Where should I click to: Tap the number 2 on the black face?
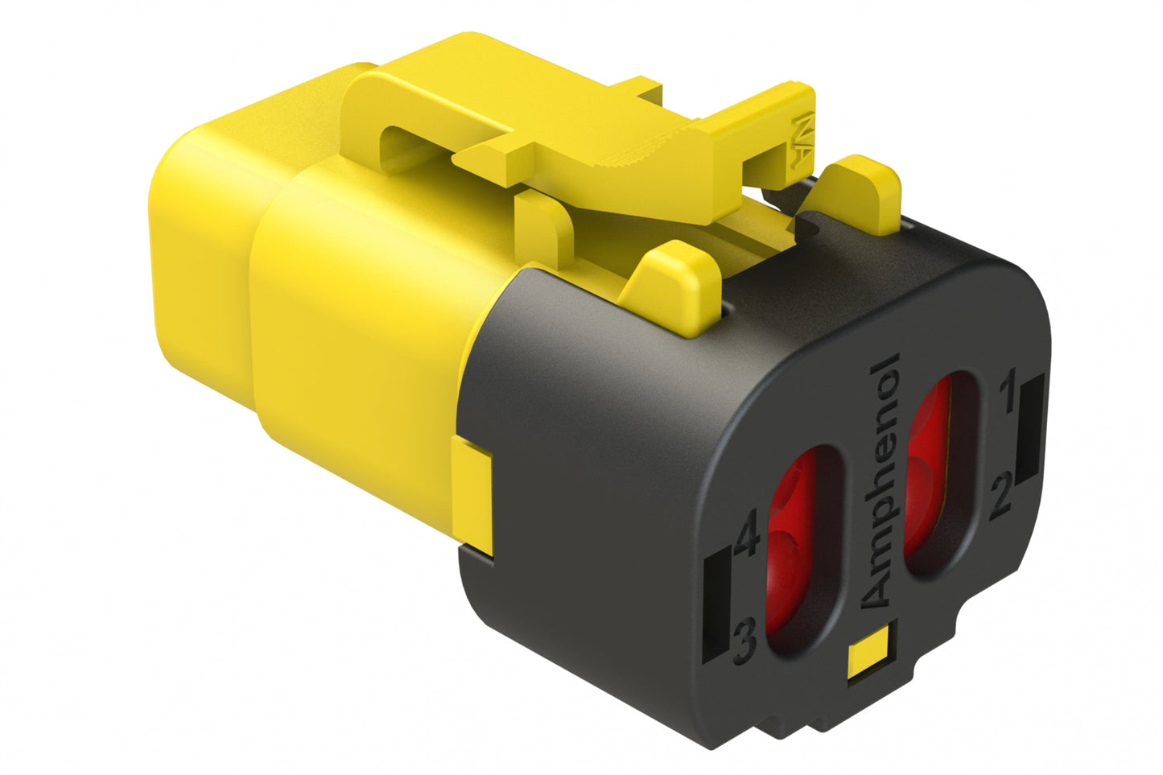(1000, 497)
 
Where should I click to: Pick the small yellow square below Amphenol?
(868, 650)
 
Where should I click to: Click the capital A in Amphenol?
(877, 592)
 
